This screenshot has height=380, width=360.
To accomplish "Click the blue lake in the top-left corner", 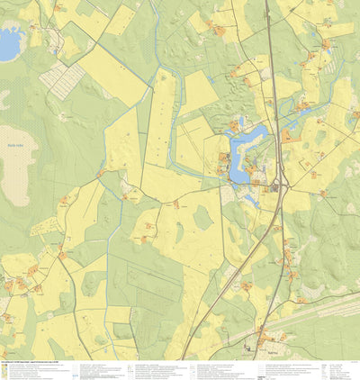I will click(9, 43).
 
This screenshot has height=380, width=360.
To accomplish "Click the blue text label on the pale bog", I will click(13, 141).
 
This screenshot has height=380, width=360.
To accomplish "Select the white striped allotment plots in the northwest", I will click(61, 79).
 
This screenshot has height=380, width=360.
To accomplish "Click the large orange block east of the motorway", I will click(287, 136).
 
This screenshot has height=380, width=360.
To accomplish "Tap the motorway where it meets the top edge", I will click(266, 3).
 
